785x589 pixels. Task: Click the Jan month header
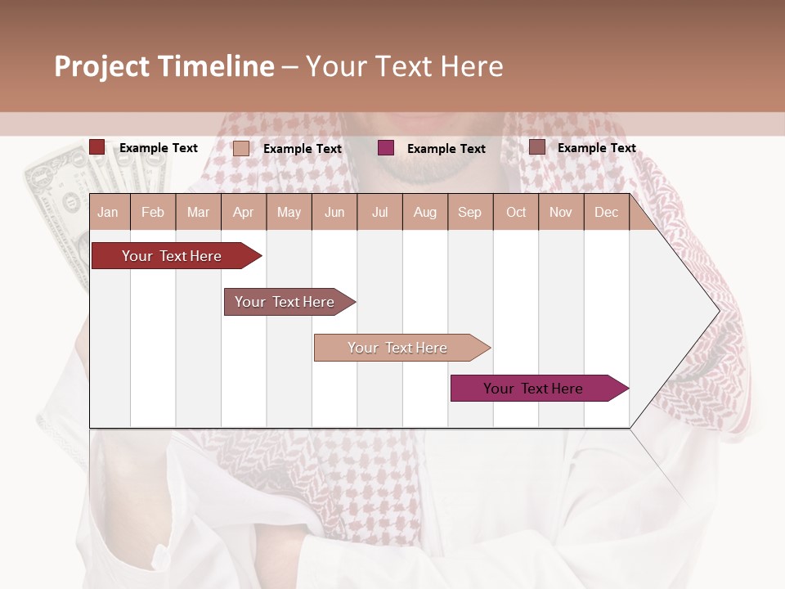[108, 212]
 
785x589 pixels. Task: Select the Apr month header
[244, 212]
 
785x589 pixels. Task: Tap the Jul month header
[379, 212]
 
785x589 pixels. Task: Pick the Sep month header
[469, 212]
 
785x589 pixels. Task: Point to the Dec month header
[606, 212]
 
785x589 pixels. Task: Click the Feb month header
[153, 212]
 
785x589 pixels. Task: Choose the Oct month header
[516, 212]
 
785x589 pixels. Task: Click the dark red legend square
[97, 147]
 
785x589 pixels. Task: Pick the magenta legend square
[386, 147]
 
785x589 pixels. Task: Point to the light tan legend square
[241, 148]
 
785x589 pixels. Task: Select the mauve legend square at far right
[537, 147]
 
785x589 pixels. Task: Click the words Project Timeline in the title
[164, 66]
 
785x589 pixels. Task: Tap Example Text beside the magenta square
[446, 148]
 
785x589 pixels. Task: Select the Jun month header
[334, 212]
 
